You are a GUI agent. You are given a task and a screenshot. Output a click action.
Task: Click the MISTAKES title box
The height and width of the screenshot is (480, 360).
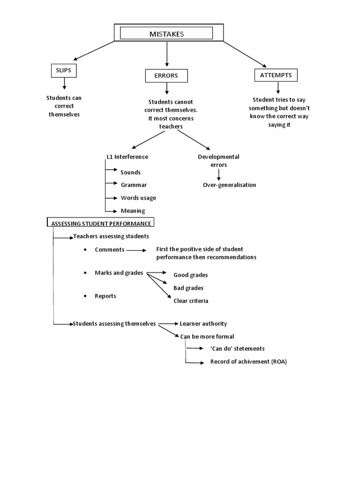(x=166, y=33)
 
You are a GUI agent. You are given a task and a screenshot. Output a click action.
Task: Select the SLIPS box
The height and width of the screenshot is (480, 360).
(x=63, y=70)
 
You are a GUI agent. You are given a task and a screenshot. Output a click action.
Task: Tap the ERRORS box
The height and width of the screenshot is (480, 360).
(x=166, y=75)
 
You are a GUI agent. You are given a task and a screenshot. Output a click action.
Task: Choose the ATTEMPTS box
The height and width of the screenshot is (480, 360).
(x=276, y=75)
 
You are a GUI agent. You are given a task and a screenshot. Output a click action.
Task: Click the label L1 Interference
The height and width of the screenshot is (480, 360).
(x=127, y=157)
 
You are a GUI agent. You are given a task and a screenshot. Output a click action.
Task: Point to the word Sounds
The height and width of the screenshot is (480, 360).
(x=130, y=172)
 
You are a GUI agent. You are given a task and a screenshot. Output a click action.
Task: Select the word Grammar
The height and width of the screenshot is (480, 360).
(x=134, y=185)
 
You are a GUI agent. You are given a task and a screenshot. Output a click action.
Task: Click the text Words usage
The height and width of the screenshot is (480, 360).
(x=138, y=197)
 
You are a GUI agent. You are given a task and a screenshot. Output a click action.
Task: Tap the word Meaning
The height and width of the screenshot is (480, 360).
(x=133, y=210)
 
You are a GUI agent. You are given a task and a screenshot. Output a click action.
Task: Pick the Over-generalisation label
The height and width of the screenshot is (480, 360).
(x=229, y=185)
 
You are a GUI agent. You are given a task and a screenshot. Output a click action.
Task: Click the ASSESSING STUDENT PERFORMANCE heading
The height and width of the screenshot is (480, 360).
(x=101, y=223)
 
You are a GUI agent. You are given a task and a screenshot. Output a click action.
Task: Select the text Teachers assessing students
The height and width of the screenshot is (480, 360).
(x=111, y=236)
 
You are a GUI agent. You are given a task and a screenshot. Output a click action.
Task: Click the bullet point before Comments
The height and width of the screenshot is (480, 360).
(x=85, y=250)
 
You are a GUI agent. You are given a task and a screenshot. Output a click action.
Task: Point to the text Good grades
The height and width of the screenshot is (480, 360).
(x=190, y=275)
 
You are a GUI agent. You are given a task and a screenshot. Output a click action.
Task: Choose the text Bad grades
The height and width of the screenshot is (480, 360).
(x=188, y=288)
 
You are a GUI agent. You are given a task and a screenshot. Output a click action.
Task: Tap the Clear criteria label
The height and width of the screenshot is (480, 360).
(x=191, y=300)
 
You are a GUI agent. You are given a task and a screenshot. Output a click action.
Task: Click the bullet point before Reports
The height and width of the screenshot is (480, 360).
(x=85, y=296)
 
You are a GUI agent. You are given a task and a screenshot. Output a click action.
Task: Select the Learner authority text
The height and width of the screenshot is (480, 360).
(x=203, y=323)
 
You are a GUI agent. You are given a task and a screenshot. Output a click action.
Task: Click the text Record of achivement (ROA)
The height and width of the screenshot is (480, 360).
(x=248, y=361)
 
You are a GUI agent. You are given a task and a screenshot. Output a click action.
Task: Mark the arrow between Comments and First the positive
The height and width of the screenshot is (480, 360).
(x=136, y=250)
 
